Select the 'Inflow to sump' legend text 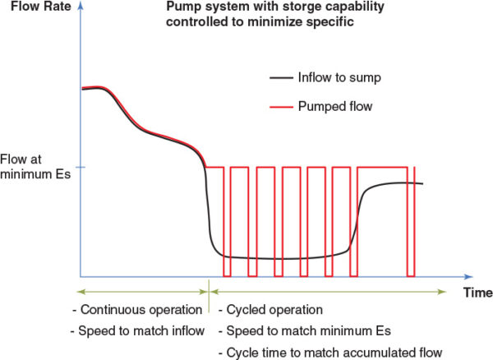click(336, 78)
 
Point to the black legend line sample click(283, 79)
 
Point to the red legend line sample click(283, 107)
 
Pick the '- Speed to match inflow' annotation click(137, 331)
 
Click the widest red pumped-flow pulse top click(381, 168)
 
